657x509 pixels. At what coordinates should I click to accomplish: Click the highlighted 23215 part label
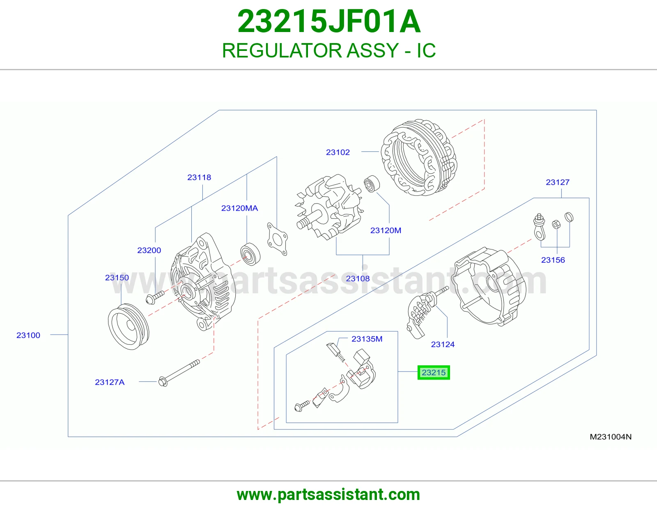pyautogui.click(x=433, y=372)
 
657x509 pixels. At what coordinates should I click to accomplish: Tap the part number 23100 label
pyautogui.click(x=28, y=335)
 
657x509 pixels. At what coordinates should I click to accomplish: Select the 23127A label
pyautogui.click(x=110, y=382)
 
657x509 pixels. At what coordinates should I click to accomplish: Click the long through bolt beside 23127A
pyautogui.click(x=179, y=373)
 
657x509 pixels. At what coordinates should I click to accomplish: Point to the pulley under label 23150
pyautogui.click(x=129, y=326)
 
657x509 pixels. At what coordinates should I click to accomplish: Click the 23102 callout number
pyautogui.click(x=338, y=152)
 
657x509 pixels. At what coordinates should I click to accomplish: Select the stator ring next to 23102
pyautogui.click(x=419, y=157)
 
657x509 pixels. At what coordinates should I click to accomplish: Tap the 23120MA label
pyautogui.click(x=239, y=208)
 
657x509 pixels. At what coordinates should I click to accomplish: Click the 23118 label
pyautogui.click(x=199, y=177)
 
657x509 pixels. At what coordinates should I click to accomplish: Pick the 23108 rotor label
pyautogui.click(x=358, y=279)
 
